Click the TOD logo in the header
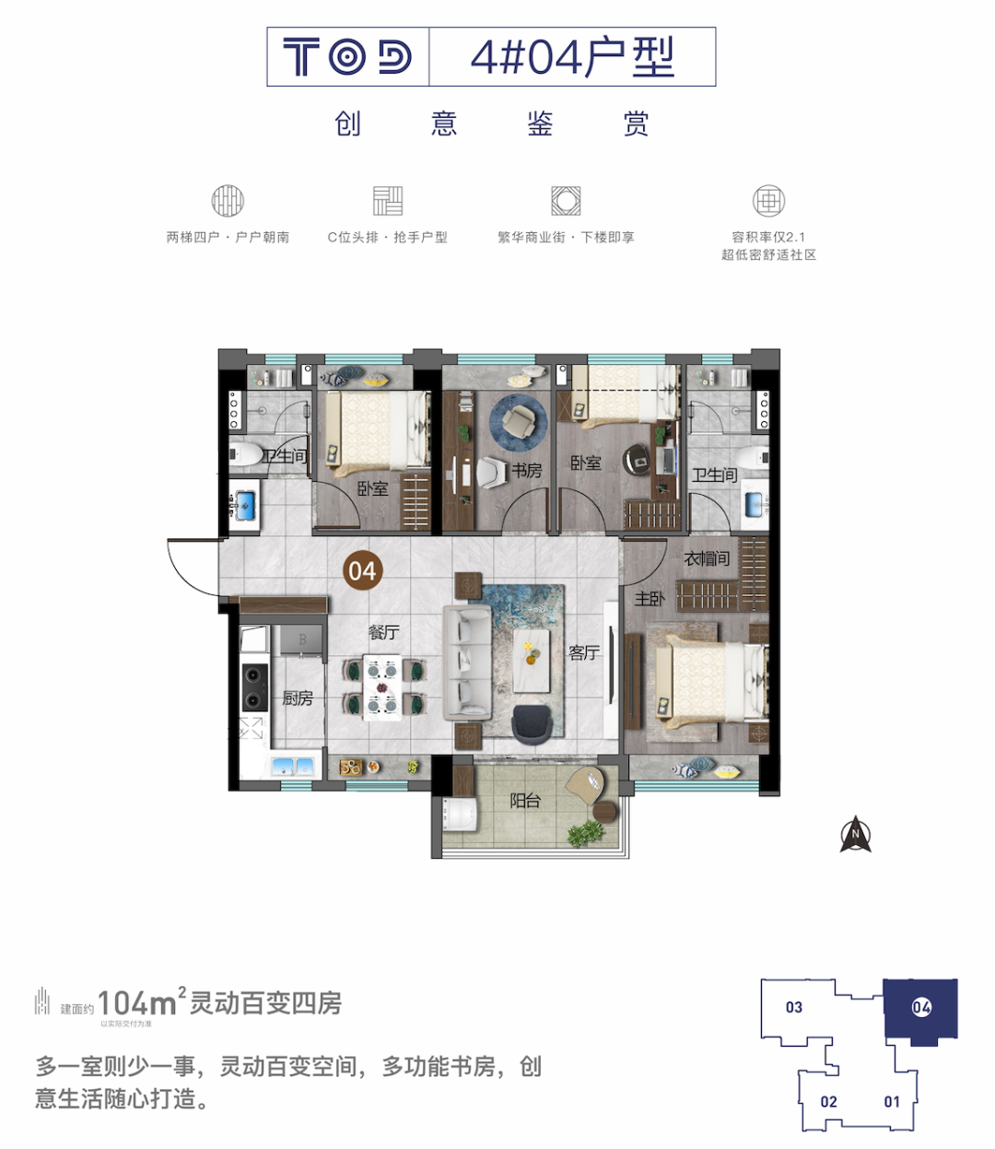pos(347,57)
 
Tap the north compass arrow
pos(856,835)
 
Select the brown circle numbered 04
pos(362,571)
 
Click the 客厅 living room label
pos(584,653)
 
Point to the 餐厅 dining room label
pos(383,632)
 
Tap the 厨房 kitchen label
pos(298,698)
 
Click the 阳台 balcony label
pos(525,801)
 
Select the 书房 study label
pos(527,471)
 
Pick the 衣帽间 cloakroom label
pos(707,558)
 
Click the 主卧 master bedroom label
pos(650,599)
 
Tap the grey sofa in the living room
pos(467,661)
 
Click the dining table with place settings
pos(381,686)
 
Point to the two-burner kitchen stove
pos(254,686)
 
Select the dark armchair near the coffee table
pos(535,724)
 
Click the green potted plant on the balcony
pos(586,833)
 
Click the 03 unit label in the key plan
pos(794,1007)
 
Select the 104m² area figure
pos(137,1002)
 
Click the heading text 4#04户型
pos(572,57)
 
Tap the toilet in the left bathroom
pos(246,454)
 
